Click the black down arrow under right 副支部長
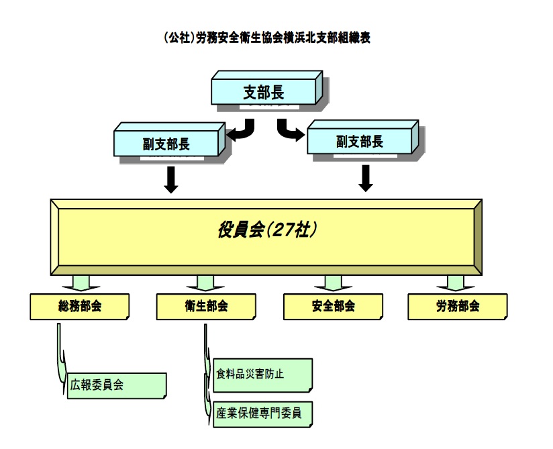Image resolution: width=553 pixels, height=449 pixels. click(366, 177)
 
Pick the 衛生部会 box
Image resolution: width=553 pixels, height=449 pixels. click(206, 306)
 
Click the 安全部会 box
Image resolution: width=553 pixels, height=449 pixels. click(334, 306)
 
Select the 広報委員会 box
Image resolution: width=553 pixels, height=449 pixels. click(117, 386)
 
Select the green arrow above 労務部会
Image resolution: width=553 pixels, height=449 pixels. click(454, 282)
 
